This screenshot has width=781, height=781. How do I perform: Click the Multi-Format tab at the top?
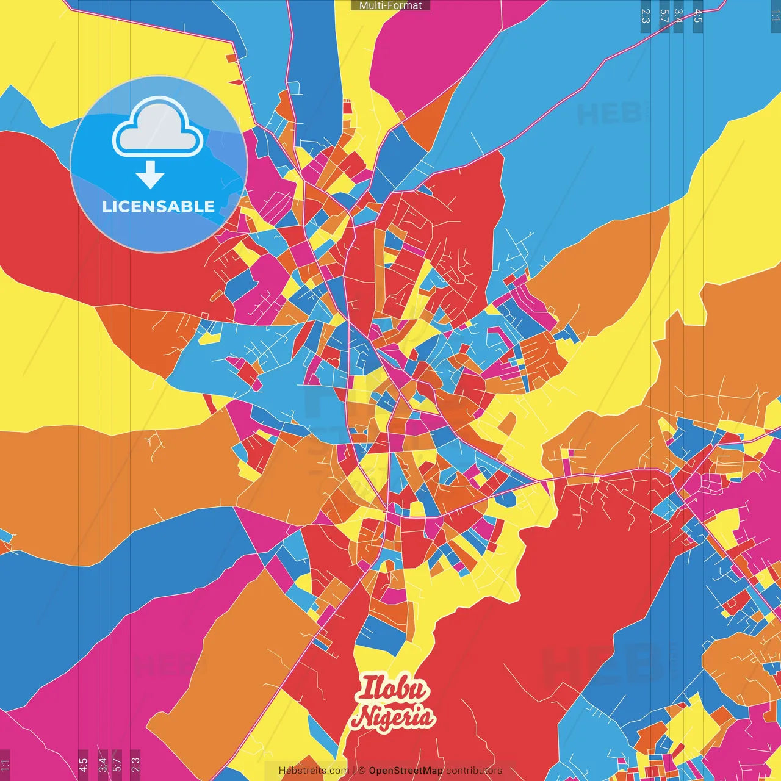[390, 5]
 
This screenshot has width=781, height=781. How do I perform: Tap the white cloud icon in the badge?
[158, 130]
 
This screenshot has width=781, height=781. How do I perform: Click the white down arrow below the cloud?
[150, 175]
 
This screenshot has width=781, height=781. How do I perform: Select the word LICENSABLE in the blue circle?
[159, 206]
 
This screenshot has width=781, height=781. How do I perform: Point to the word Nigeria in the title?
[394, 717]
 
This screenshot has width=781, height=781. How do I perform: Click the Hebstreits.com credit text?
[314, 771]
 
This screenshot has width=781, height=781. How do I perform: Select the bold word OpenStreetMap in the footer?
[406, 771]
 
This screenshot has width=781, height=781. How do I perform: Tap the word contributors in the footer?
[474, 771]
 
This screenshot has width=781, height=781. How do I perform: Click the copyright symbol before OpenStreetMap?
[362, 771]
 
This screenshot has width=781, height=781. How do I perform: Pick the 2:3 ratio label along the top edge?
[646, 16]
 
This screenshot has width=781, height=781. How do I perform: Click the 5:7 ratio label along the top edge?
[664, 16]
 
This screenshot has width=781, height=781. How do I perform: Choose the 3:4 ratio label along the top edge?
[678, 16]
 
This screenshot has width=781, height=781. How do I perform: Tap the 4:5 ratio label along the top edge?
[698, 16]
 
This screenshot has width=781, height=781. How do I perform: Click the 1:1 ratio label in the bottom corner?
[5, 764]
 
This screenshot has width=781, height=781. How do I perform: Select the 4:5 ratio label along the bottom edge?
[83, 764]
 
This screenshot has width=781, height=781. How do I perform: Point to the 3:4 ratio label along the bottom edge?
[102, 764]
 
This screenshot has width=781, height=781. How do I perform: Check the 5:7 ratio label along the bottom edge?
[117, 764]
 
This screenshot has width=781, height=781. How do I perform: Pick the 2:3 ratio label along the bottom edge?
[135, 764]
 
